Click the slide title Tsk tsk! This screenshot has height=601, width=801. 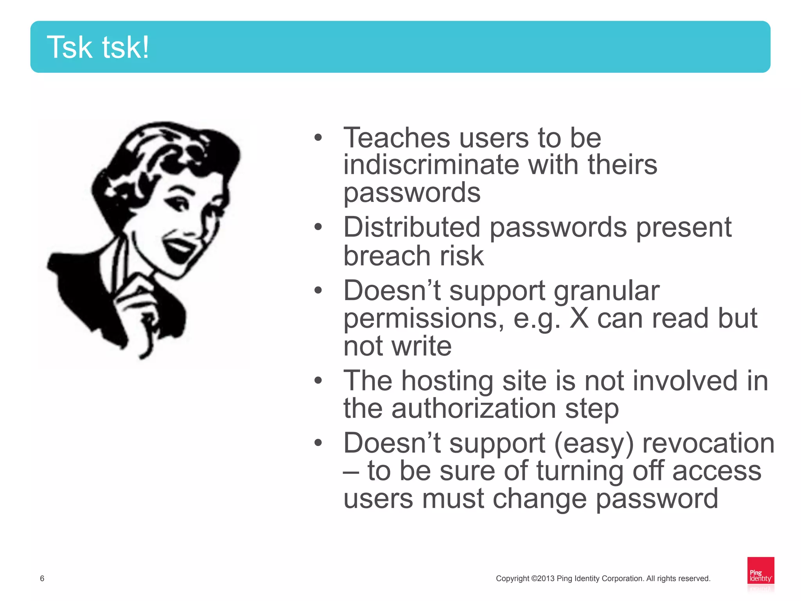coord(98,47)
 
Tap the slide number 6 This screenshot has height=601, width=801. coord(42,578)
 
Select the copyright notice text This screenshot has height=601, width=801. coord(603,578)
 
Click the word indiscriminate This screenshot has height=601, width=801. coord(431,165)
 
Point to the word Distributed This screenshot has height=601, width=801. coord(411,227)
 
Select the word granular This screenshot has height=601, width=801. coord(607,291)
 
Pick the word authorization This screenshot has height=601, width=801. coord(474,408)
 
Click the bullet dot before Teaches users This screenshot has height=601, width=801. coord(318,138)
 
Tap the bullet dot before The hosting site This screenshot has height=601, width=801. coord(318,380)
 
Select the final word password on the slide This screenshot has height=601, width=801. coord(657,499)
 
